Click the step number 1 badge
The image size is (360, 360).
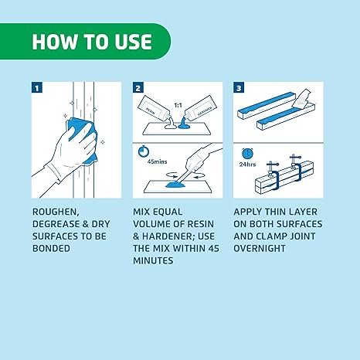(37, 87)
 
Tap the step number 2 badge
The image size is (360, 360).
(138, 87)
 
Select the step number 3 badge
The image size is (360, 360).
(239, 87)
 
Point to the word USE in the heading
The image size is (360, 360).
(133, 42)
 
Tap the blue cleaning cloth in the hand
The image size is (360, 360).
(83, 139)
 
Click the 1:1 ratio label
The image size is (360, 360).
(178, 105)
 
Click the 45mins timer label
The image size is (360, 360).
(157, 161)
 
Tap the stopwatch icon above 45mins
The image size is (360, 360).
(144, 151)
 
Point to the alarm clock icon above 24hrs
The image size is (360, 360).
(247, 154)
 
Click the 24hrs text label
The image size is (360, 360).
(247, 165)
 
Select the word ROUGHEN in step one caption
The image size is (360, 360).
(56, 212)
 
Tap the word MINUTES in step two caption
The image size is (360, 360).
(153, 260)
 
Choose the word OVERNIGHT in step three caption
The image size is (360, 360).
(260, 249)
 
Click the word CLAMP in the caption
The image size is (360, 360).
(272, 236)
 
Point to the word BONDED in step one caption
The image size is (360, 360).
(51, 249)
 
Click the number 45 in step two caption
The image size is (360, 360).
(214, 249)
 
